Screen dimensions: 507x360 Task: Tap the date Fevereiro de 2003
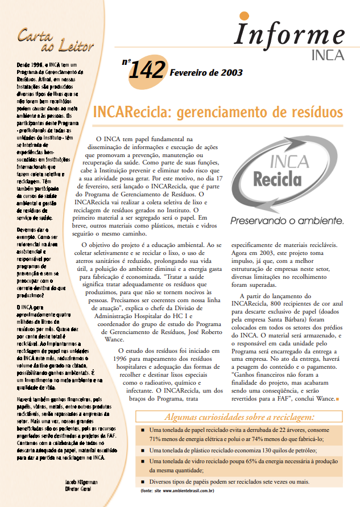pyautogui.click(x=206, y=73)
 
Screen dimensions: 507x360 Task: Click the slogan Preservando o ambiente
pyautogui.click(x=287, y=220)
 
